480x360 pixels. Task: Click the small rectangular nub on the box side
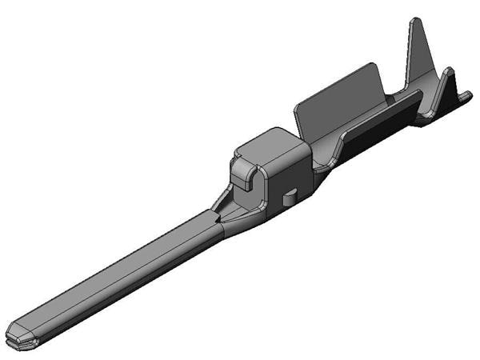(x=290, y=194)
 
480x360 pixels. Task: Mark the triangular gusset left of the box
(x=222, y=198)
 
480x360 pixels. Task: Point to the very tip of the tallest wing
(x=415, y=20)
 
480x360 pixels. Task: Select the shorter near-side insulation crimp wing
(x=448, y=88)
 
